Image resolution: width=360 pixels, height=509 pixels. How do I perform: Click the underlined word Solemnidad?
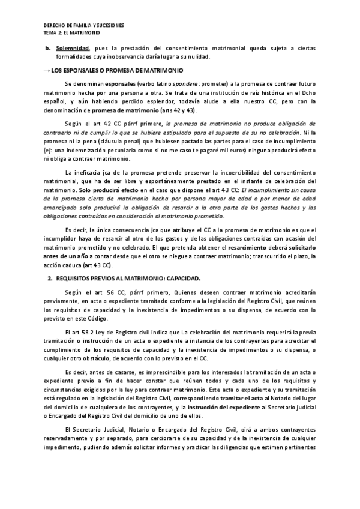point(73,47)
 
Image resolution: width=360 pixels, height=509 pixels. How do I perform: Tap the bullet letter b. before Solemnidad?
point(49,47)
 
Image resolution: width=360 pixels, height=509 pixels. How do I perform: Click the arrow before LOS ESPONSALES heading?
point(48,70)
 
